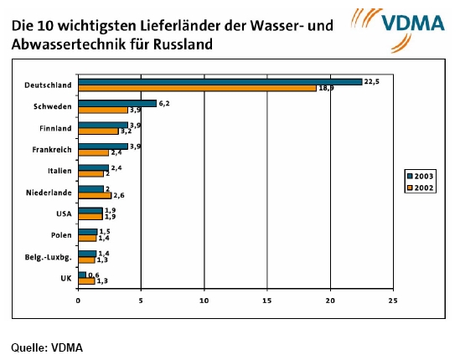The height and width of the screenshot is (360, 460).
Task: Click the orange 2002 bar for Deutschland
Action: [197, 88]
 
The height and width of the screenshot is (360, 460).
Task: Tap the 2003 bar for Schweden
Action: [116, 103]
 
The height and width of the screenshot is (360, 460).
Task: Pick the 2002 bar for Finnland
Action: [98, 131]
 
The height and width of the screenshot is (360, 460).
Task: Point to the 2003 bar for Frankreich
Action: [102, 146]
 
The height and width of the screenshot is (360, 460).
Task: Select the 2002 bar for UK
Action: [85, 280]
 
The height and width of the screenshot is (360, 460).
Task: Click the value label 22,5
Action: [371, 81]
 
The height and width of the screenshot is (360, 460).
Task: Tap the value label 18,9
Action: [325, 88]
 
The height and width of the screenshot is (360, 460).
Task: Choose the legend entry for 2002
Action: [420, 187]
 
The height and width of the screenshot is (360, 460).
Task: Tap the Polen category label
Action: [60, 234]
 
